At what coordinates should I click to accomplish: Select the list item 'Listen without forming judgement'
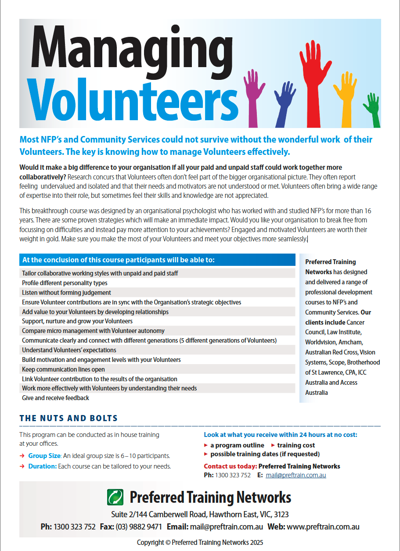(66, 293)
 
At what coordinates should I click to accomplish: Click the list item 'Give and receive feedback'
(55, 398)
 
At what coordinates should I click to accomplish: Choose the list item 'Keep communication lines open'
(63, 369)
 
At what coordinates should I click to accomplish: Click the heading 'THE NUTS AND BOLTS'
(68, 419)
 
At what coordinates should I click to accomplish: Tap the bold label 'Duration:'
(43, 466)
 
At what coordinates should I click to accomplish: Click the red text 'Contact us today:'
(230, 466)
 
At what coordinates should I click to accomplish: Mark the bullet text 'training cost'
(296, 445)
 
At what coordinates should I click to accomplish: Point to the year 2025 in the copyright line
(255, 543)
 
